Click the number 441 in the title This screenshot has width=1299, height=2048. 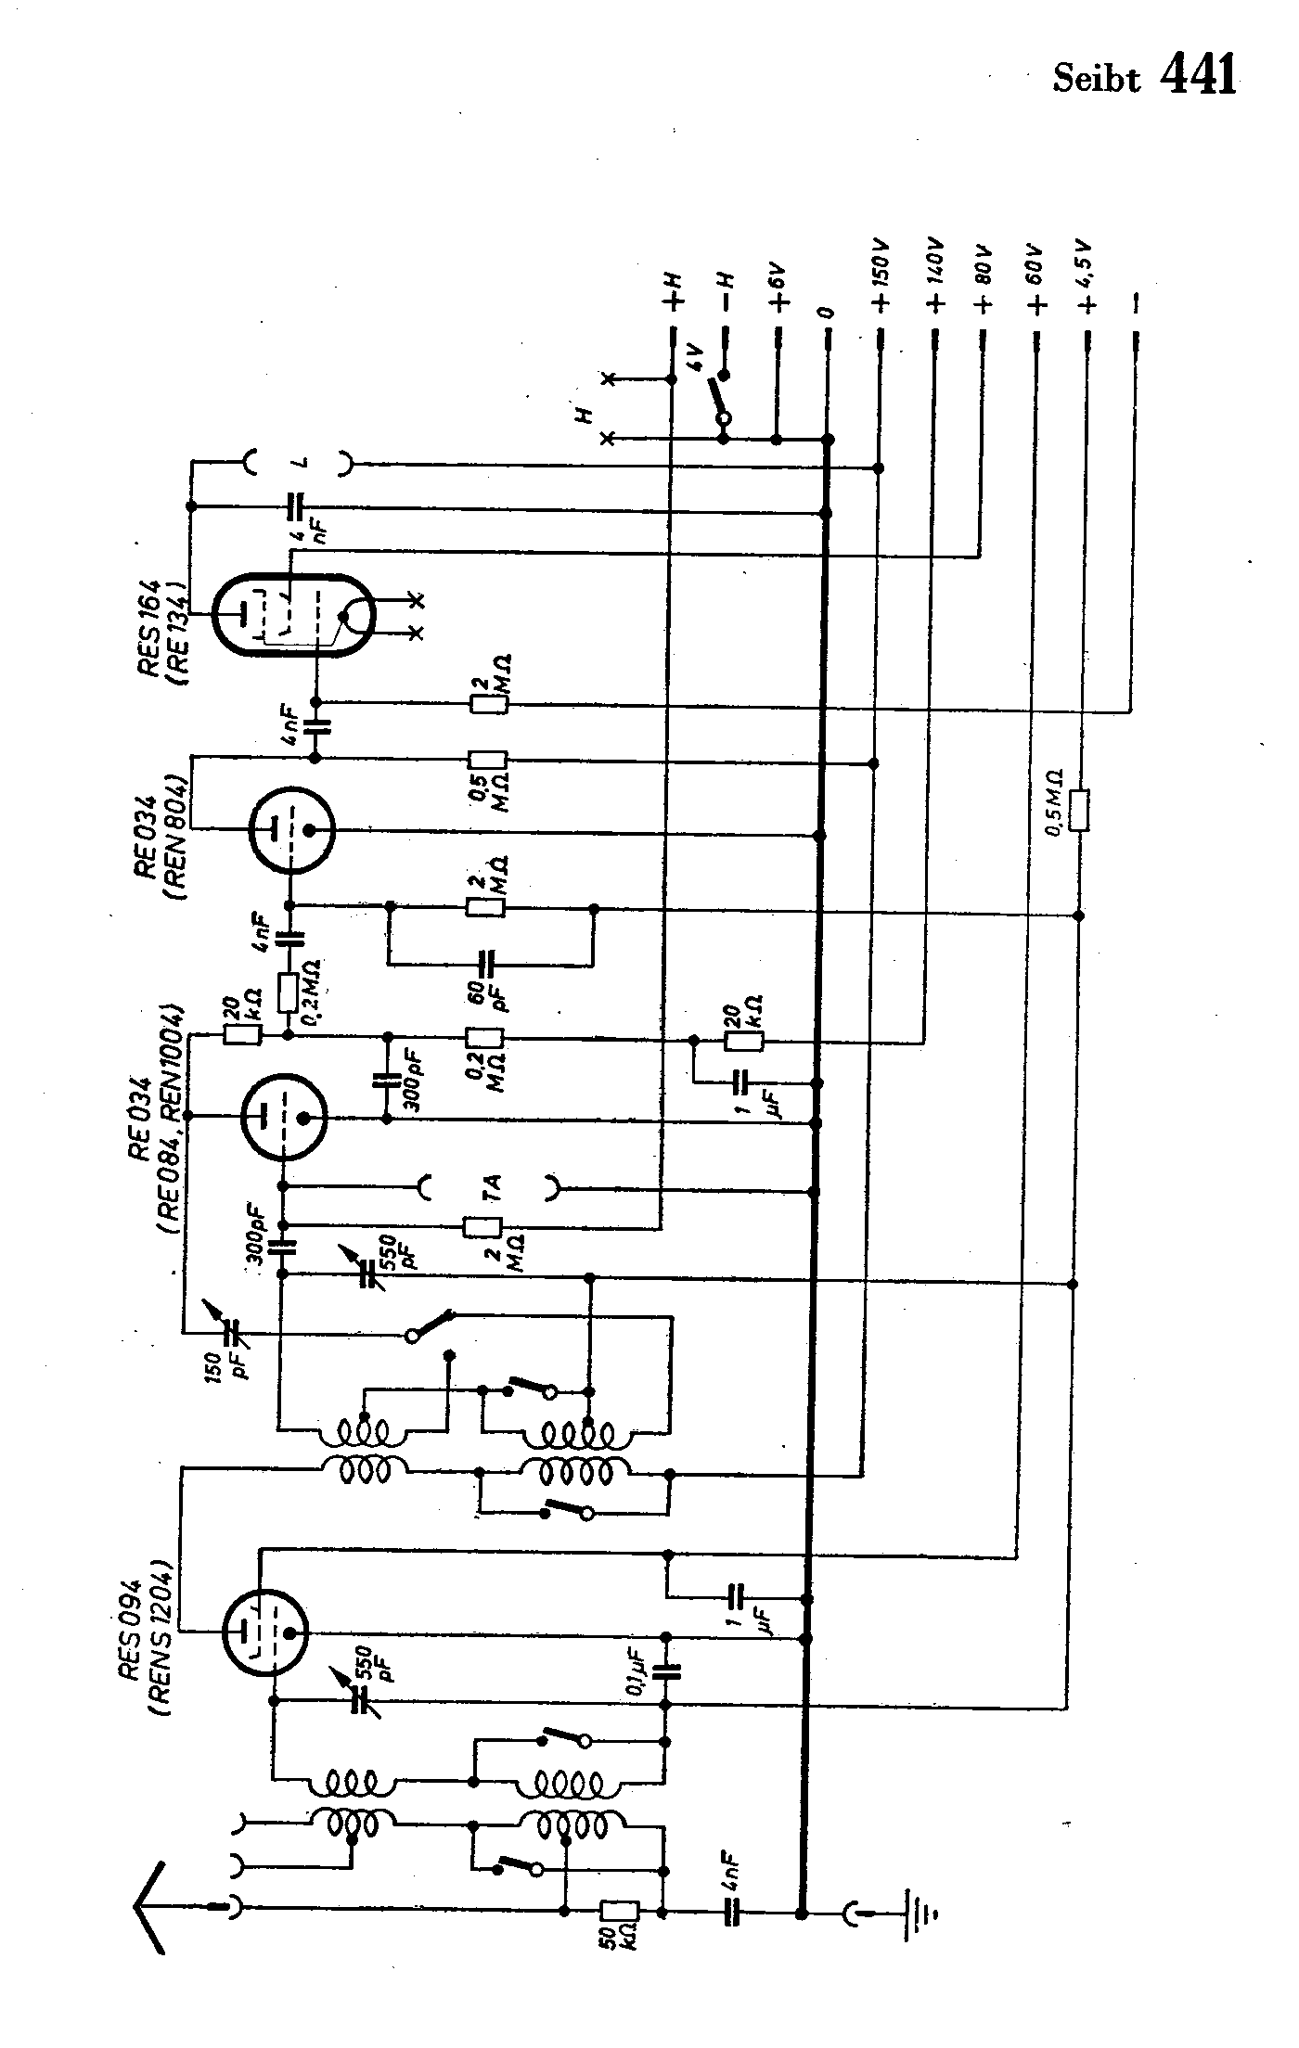[1198, 75]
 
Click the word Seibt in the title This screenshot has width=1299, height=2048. [1096, 80]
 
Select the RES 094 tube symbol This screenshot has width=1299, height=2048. [264, 1632]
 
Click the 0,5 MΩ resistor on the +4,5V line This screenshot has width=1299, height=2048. [1079, 810]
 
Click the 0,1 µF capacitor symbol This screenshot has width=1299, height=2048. [666, 1671]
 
